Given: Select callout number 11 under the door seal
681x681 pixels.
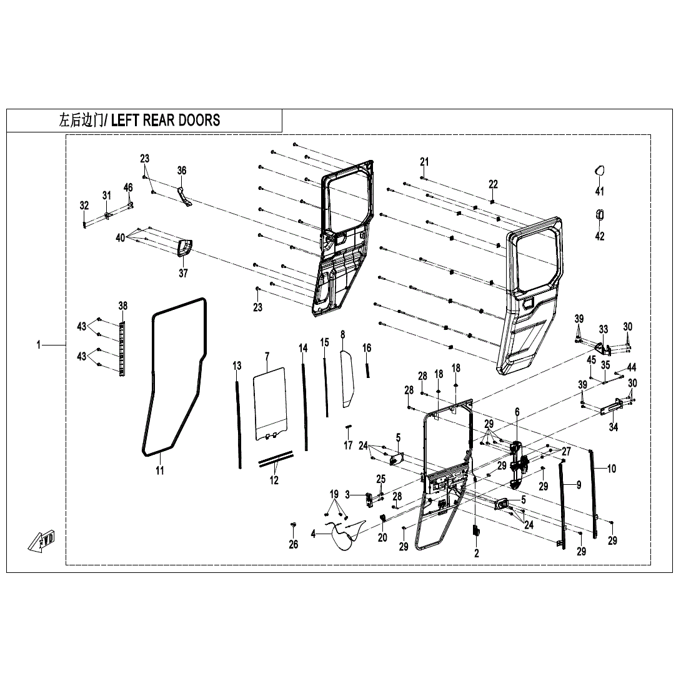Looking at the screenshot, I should click(160, 470).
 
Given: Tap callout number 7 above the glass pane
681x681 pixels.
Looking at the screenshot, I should click(267, 357).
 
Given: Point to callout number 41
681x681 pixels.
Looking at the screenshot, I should click(599, 191).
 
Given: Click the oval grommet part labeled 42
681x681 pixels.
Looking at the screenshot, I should click(599, 215).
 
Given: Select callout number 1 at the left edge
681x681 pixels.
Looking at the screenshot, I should click(38, 345).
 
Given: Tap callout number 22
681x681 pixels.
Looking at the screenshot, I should click(493, 184).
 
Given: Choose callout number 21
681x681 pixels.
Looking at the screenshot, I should click(425, 162).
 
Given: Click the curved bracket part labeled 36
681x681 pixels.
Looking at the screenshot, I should click(182, 194).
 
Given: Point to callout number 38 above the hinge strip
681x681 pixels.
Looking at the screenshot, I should click(123, 306).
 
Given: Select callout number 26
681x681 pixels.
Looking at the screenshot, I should click(294, 544).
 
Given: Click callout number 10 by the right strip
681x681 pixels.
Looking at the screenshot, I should click(611, 469).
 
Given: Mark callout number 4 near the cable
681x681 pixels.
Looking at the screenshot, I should click(314, 534).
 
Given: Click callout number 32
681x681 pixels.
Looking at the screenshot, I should click(84, 206).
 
